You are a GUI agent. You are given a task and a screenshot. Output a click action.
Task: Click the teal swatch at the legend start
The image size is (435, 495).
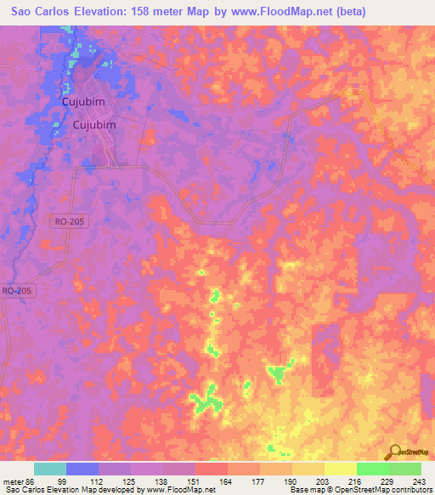pyautogui.click(x=50, y=469)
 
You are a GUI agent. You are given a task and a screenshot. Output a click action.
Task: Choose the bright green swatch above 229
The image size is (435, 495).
pyautogui.click(x=373, y=469)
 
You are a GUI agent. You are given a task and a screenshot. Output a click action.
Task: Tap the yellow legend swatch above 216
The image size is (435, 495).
pyautogui.click(x=341, y=469)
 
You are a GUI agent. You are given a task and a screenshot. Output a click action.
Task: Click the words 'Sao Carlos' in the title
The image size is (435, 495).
pyautogui.click(x=35, y=12)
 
